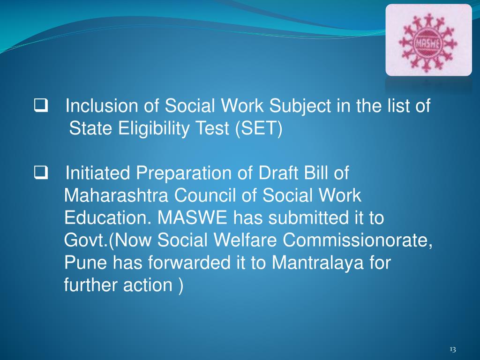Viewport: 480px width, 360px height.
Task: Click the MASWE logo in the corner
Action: [428, 40]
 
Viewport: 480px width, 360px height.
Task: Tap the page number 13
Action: [452, 349]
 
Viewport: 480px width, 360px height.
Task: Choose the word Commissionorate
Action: [358, 240]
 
